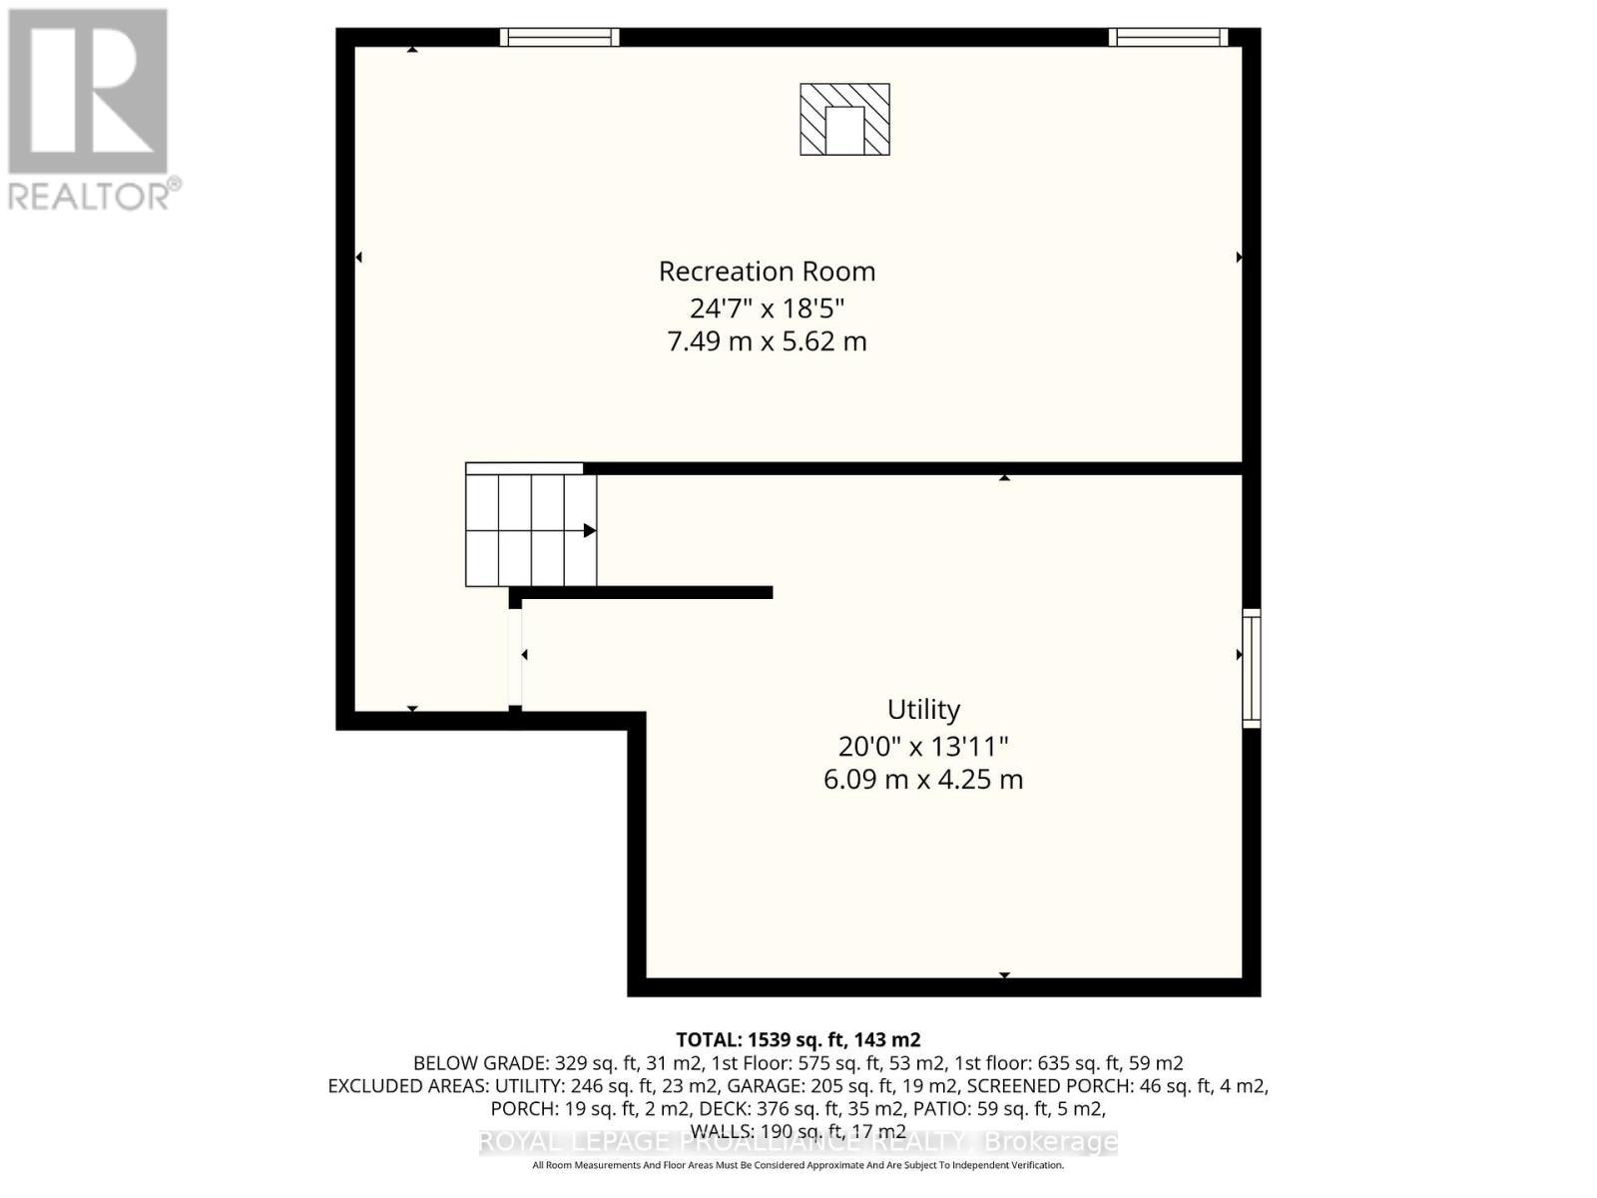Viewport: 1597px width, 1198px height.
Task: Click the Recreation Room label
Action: (767, 272)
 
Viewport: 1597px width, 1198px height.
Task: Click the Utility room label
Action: (923, 710)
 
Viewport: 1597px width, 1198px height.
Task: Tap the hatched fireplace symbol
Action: (844, 120)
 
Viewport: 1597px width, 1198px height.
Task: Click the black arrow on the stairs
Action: (589, 530)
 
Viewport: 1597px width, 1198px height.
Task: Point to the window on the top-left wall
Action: (559, 38)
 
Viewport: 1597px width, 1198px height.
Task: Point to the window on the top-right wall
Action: (1168, 38)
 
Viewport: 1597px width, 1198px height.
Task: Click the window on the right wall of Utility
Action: (1251, 667)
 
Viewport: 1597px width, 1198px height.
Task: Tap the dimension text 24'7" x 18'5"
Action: (767, 307)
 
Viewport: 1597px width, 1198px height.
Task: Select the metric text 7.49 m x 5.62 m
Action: (767, 341)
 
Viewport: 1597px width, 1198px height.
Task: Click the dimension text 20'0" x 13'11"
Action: (923, 746)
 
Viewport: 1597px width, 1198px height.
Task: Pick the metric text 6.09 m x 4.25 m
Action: (923, 780)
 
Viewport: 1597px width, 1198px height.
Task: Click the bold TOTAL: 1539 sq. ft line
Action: (798, 1039)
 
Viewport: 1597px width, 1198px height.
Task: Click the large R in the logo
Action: (88, 92)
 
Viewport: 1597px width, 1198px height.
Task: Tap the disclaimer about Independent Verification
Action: (798, 1165)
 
